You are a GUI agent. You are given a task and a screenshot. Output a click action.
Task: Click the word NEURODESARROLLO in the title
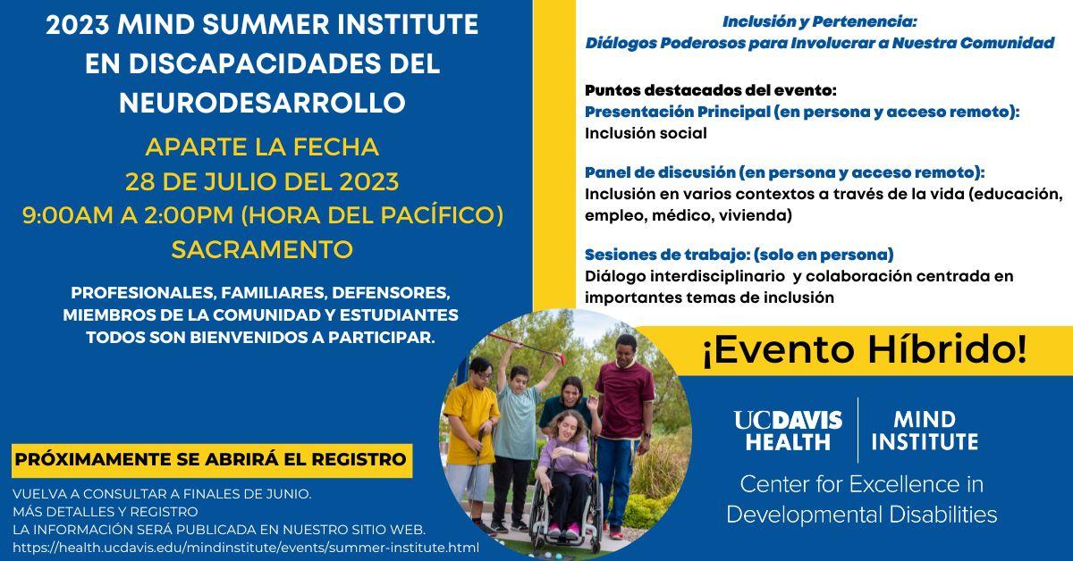pyautogui.click(x=263, y=103)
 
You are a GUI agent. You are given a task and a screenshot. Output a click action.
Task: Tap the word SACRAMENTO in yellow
pyautogui.click(x=263, y=249)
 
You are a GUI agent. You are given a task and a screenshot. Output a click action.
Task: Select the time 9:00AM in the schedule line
pyautogui.click(x=67, y=215)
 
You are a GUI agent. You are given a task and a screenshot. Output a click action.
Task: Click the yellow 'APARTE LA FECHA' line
pyautogui.click(x=263, y=147)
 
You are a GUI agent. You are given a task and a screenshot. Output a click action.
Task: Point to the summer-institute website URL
pyautogui.click(x=246, y=548)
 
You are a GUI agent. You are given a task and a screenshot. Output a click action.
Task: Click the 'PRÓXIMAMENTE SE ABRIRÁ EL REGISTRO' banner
pyautogui.click(x=212, y=460)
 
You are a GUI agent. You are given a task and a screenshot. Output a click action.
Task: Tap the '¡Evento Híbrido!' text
pyautogui.click(x=865, y=349)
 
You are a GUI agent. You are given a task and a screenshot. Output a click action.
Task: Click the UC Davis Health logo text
pyautogui.click(x=788, y=431)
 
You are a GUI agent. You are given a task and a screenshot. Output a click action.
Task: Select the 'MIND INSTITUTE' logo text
pyautogui.click(x=925, y=431)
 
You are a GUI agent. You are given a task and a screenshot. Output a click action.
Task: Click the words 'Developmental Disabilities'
pyautogui.click(x=862, y=515)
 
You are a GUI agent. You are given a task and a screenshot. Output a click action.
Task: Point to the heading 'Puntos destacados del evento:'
pyautogui.click(x=710, y=90)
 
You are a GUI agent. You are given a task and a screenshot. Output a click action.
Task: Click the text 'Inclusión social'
pyautogui.click(x=646, y=133)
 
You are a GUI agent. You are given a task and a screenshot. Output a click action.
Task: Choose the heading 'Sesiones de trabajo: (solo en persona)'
pyautogui.click(x=739, y=255)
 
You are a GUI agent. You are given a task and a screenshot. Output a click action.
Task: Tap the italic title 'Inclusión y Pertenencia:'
pyautogui.click(x=819, y=21)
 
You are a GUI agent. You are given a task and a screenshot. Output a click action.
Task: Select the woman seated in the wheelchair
pyautogui.click(x=568, y=472)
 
